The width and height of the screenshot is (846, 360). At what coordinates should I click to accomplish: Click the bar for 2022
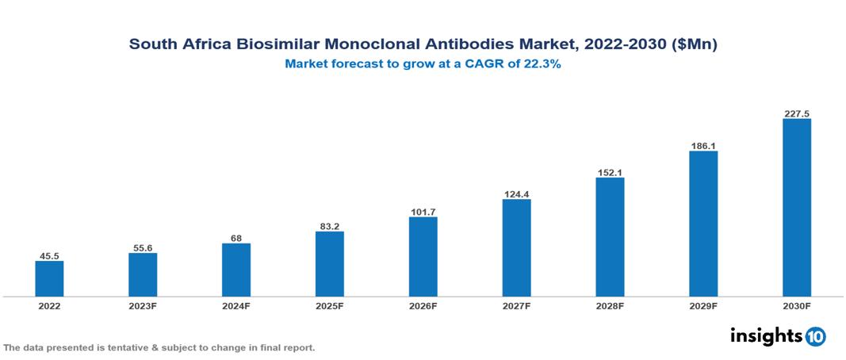pyautogui.click(x=49, y=278)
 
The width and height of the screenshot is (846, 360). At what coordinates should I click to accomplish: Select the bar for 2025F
pyautogui.click(x=329, y=264)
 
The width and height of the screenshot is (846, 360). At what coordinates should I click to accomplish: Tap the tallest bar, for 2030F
pyautogui.click(x=796, y=208)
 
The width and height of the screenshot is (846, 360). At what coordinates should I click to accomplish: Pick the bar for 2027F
pyautogui.click(x=516, y=248)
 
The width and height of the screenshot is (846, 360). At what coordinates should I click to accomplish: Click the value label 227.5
pyautogui.click(x=796, y=113)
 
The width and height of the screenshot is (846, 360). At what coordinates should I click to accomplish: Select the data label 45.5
pyautogui.click(x=49, y=256)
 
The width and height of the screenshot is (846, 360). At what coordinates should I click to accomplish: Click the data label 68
pyautogui.click(x=236, y=238)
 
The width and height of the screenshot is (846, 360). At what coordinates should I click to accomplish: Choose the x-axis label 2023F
pyautogui.click(x=143, y=305)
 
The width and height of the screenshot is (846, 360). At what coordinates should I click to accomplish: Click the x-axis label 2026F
pyautogui.click(x=423, y=305)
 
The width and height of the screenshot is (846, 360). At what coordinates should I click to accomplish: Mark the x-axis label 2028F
pyautogui.click(x=610, y=305)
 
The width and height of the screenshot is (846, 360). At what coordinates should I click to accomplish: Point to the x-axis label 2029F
pyautogui.click(x=702, y=305)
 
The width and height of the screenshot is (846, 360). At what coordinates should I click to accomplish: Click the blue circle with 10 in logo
pyautogui.click(x=815, y=336)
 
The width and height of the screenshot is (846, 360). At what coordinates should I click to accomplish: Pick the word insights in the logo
pyautogui.click(x=766, y=335)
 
